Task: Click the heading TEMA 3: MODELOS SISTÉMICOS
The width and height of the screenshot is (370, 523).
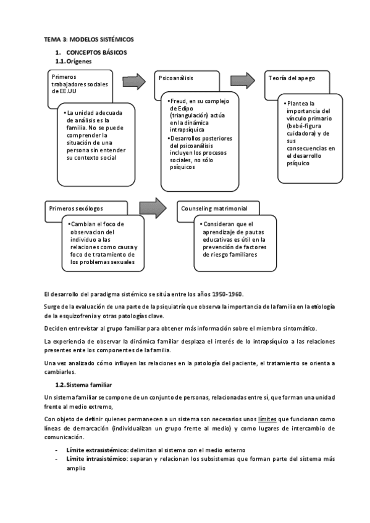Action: [x=88, y=39]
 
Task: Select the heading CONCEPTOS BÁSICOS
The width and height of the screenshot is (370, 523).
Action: [x=96, y=53]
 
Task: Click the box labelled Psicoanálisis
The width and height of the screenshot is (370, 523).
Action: [x=176, y=79]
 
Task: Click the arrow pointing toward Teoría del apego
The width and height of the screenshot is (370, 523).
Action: [x=243, y=80]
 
